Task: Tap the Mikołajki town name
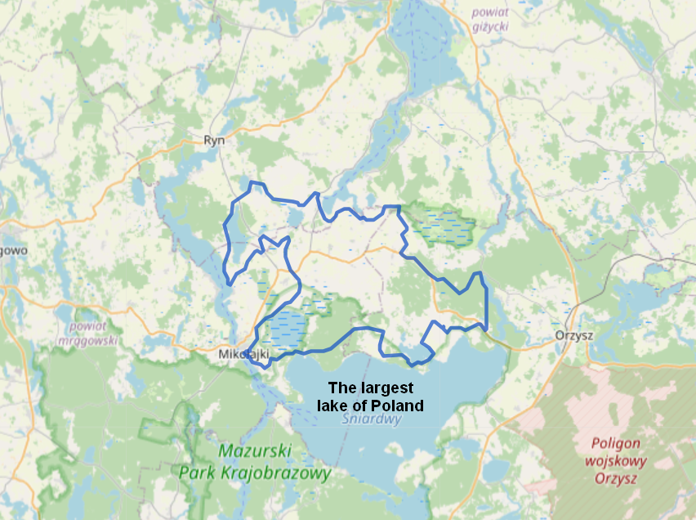(244, 355)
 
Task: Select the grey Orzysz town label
(571, 335)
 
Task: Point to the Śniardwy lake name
(372, 420)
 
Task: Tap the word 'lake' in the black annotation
(332, 406)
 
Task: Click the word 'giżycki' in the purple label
(490, 26)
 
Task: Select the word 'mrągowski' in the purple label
(88, 340)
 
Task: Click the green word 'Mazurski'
(255, 451)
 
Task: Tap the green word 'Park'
(199, 473)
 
